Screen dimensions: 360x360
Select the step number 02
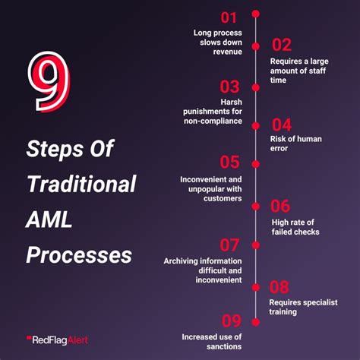282,45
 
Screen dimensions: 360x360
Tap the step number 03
230,87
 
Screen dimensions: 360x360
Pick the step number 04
282,125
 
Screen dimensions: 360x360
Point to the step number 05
230,162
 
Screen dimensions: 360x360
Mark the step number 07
230,245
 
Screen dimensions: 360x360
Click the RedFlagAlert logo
58,339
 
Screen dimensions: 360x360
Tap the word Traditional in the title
81,184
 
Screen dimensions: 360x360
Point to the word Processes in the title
79,254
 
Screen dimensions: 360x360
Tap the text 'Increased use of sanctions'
212,341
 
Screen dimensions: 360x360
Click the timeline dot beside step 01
256,13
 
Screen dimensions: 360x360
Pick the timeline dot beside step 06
256,206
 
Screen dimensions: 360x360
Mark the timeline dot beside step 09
256,321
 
